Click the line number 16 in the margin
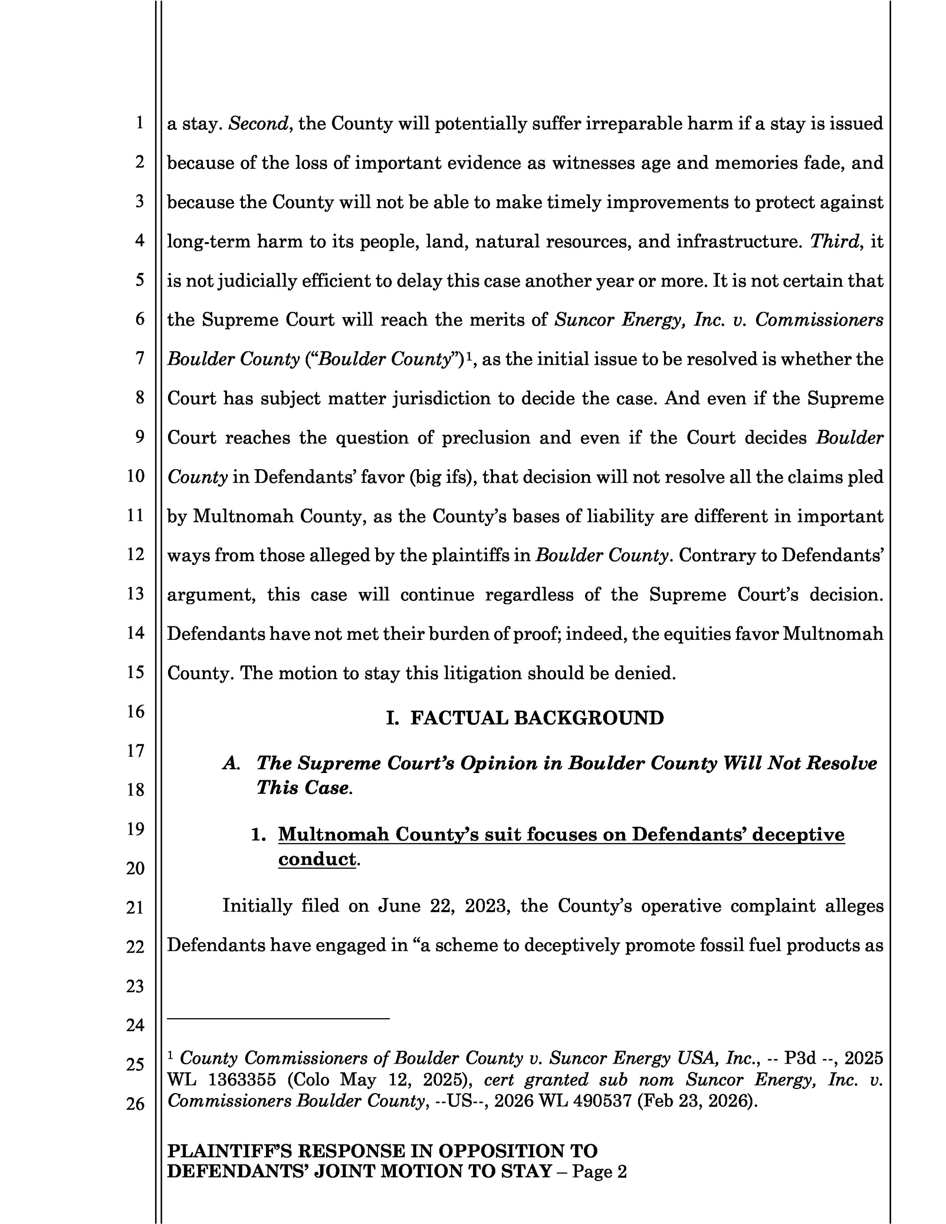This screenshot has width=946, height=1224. (x=135, y=711)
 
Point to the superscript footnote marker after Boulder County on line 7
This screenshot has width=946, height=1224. (x=470, y=355)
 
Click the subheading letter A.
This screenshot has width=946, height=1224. (x=231, y=763)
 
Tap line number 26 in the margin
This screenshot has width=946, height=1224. (x=135, y=1104)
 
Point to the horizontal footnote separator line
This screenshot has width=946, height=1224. (x=278, y=1018)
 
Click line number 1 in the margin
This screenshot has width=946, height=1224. (x=139, y=123)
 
